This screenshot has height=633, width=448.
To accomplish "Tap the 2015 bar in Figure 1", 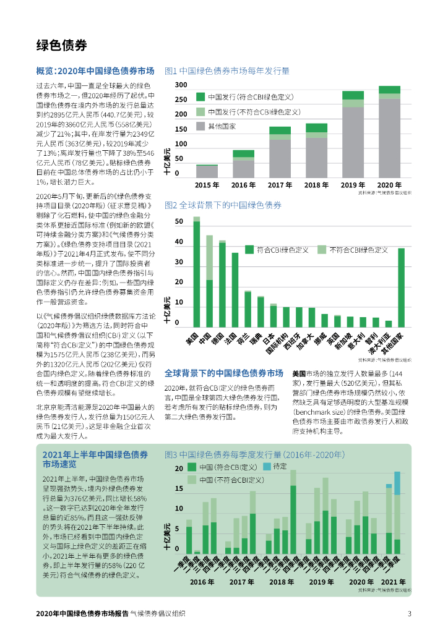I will (x=207, y=171).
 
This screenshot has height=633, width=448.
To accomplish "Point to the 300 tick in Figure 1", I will (x=181, y=85).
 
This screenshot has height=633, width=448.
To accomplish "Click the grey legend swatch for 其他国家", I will (x=200, y=126).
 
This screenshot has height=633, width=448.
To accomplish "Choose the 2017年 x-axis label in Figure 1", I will (x=280, y=185).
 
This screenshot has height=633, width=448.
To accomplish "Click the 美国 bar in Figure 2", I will (x=197, y=272).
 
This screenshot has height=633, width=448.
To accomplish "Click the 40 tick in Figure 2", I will (x=179, y=242).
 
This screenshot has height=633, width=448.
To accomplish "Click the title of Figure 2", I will (x=223, y=205).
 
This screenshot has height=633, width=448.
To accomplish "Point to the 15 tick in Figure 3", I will (x=179, y=489).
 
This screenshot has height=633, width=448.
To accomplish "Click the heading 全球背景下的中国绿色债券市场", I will (x=223, y=373).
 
